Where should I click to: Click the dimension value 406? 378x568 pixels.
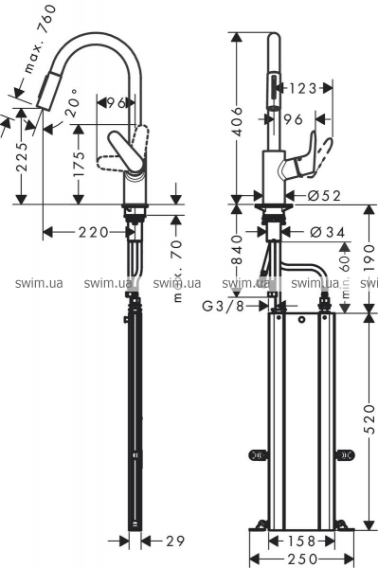(x=238, y=121)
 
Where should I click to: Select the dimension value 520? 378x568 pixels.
(x=369, y=418)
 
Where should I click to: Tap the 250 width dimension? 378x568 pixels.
(x=302, y=559)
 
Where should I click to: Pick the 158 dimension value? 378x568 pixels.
(x=301, y=541)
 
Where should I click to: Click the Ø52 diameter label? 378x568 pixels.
(x=324, y=196)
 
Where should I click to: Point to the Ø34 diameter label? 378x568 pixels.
(x=328, y=232)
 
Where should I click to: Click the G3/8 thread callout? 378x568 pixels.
(x=223, y=307)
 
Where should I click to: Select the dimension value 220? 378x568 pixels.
(x=94, y=232)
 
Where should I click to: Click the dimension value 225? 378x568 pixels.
(x=22, y=156)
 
